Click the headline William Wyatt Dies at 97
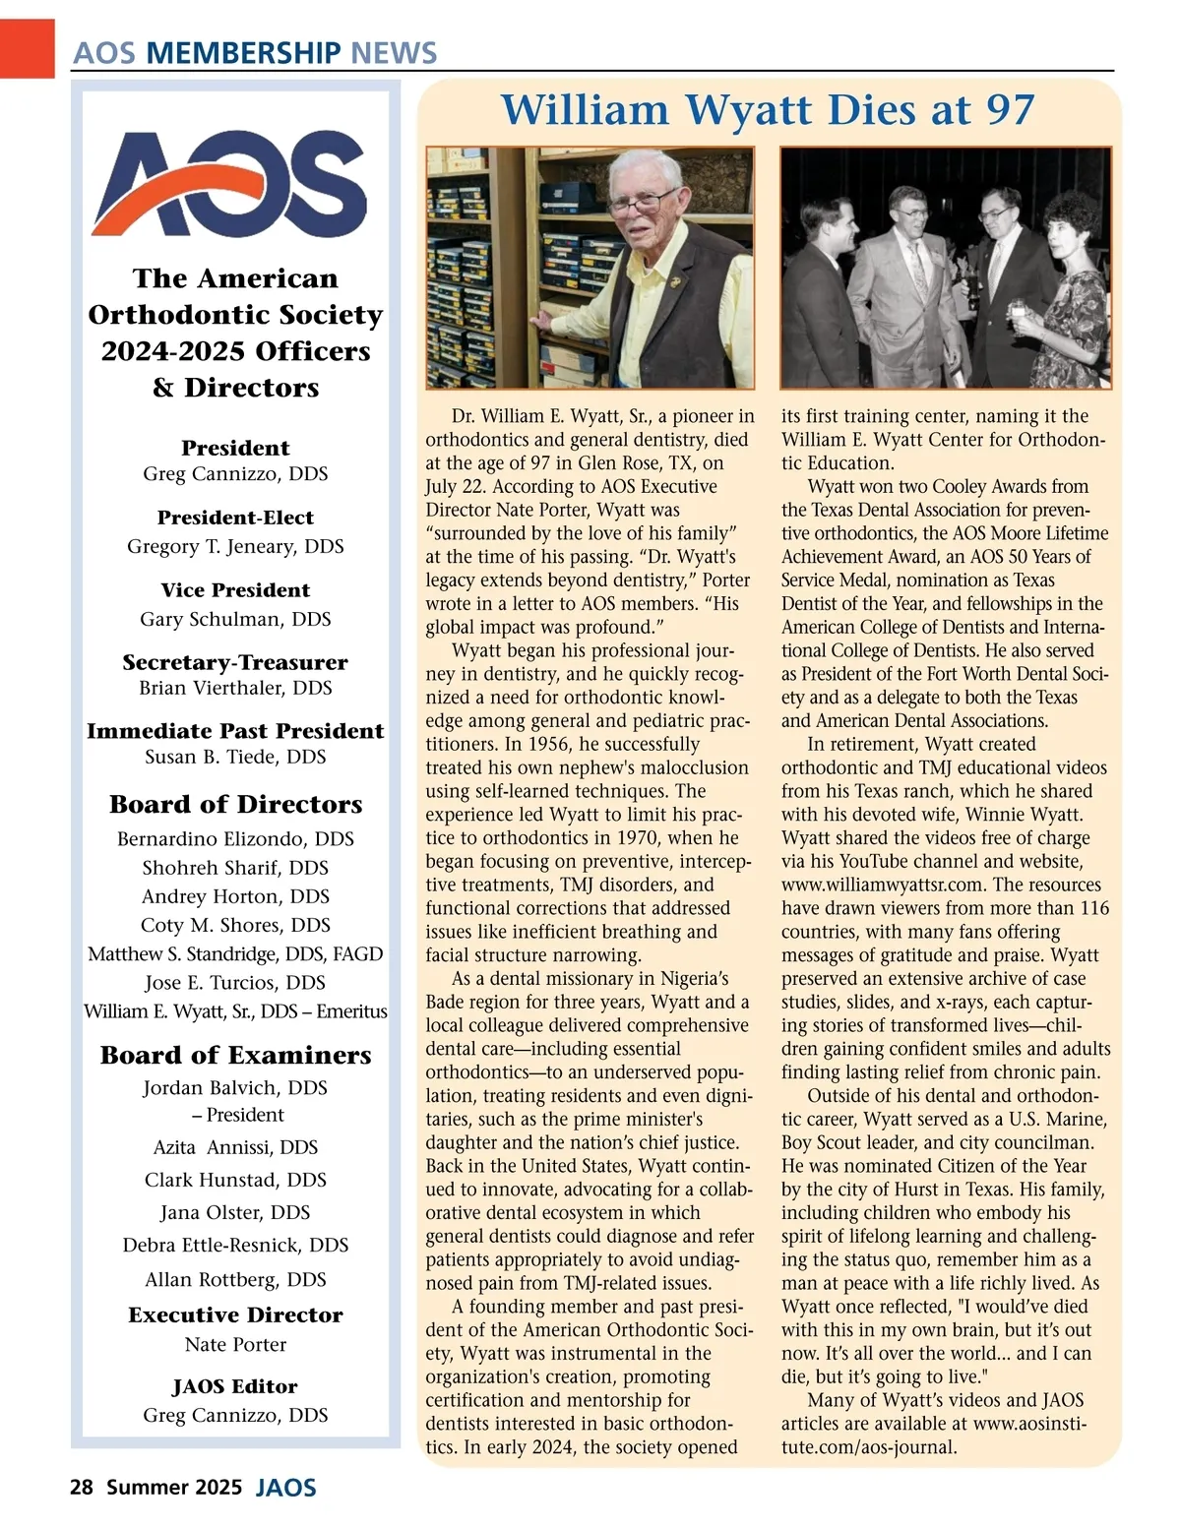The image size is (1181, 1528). pyautogui.click(x=768, y=109)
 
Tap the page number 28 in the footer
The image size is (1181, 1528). pyautogui.click(x=81, y=1486)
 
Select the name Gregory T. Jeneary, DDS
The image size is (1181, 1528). pyautogui.click(x=235, y=546)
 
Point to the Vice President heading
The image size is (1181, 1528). pyautogui.click(x=235, y=590)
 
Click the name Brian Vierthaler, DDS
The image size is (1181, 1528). pyautogui.click(x=235, y=688)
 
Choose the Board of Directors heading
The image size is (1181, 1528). pyautogui.click(x=235, y=804)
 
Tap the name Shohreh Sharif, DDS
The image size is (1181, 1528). pyautogui.click(x=235, y=868)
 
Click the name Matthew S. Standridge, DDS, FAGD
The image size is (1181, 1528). pyautogui.click(x=235, y=953)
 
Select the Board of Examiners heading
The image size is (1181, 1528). pyautogui.click(x=235, y=1055)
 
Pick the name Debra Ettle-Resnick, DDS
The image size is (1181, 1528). pyautogui.click(x=235, y=1245)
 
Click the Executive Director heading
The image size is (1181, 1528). pyautogui.click(x=235, y=1314)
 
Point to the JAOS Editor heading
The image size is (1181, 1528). pyautogui.click(x=235, y=1386)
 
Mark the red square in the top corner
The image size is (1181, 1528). pyautogui.click(x=27, y=46)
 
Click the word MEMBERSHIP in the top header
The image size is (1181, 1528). pyautogui.click(x=243, y=53)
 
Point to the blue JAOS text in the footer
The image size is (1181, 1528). pyautogui.click(x=285, y=1487)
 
